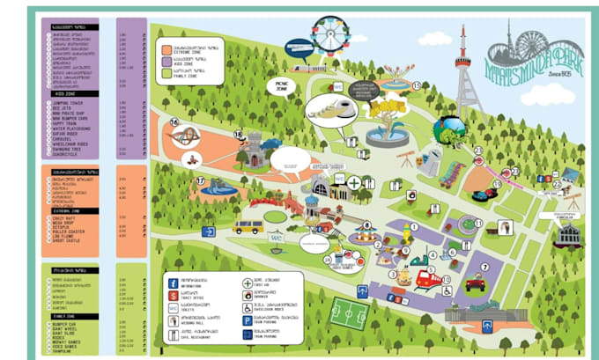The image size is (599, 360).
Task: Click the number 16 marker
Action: tap(174, 122)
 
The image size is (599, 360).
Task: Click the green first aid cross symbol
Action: tap(354, 184)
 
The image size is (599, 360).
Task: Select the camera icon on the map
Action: tap(410, 194)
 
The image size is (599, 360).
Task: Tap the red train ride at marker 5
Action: tap(427, 278)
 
